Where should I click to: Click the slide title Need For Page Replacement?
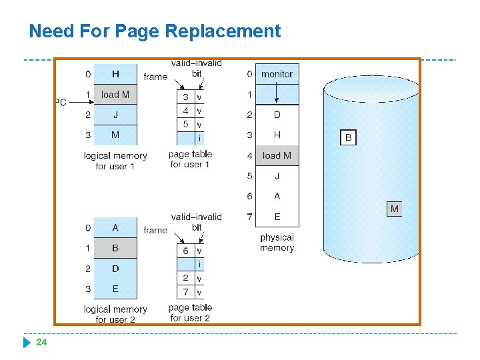(x=155, y=31)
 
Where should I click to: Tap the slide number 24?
(x=41, y=342)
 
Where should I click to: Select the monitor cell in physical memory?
(x=277, y=74)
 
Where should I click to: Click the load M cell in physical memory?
(x=277, y=155)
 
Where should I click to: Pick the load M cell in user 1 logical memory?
(x=115, y=95)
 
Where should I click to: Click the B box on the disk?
(x=348, y=138)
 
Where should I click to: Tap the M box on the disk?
(x=395, y=209)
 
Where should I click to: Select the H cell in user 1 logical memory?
(x=115, y=74)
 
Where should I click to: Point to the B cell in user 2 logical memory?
(x=115, y=248)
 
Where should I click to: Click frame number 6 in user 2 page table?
(x=185, y=251)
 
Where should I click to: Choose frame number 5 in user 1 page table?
(x=185, y=125)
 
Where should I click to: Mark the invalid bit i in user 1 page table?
(x=199, y=139)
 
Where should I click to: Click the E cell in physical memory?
(x=277, y=217)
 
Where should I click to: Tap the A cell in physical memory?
(x=277, y=196)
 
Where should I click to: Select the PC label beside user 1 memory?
(x=61, y=102)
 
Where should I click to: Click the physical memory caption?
(x=277, y=243)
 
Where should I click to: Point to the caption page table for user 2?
(x=190, y=313)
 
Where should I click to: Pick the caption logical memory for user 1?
(x=115, y=161)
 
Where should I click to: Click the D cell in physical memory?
(x=277, y=115)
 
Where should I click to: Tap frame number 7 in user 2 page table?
(x=185, y=292)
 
